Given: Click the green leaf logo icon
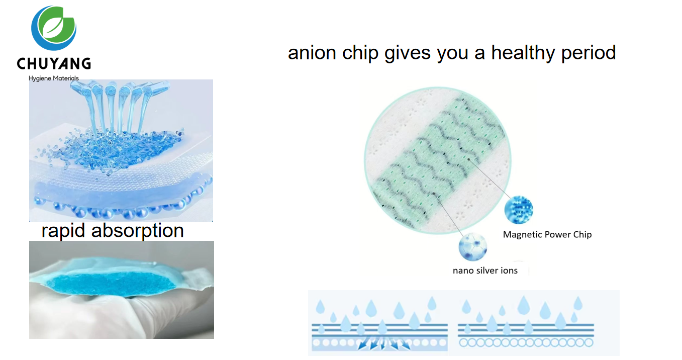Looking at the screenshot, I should click(54, 28).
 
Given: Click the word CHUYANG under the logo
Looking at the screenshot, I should click(54, 63).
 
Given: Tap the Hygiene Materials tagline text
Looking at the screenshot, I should click(54, 78).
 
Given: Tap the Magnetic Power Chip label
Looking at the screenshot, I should click(547, 234).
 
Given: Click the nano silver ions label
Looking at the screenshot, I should click(485, 271).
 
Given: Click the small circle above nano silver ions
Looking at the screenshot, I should click(472, 247).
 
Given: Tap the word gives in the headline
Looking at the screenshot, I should click(409, 53).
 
